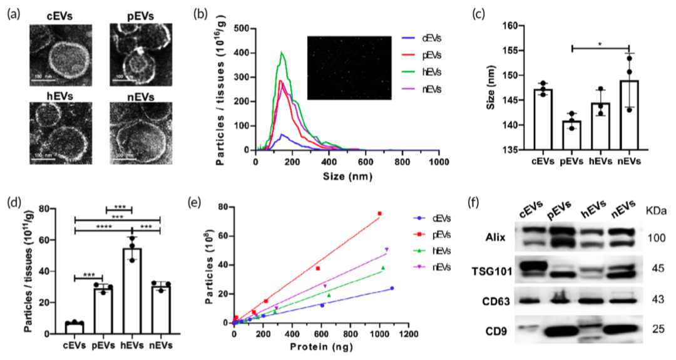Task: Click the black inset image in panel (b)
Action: (x=349, y=68)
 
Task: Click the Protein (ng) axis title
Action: (x=320, y=346)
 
